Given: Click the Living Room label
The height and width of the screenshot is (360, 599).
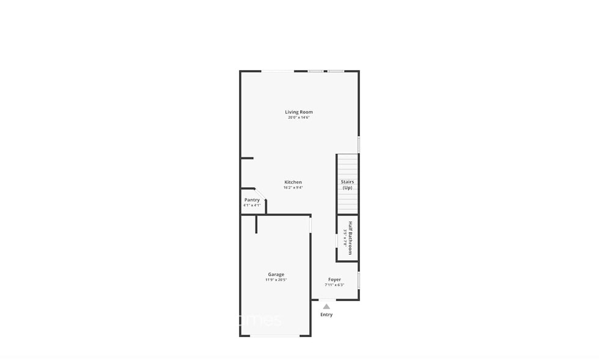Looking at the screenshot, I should [299, 112].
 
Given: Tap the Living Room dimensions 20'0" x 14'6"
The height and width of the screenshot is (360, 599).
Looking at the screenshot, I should [299, 118].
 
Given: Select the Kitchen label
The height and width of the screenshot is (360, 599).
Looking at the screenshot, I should [293, 182].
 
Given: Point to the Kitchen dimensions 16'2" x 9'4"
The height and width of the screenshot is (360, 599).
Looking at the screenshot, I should [293, 188].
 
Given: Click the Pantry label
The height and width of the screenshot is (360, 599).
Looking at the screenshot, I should [252, 200].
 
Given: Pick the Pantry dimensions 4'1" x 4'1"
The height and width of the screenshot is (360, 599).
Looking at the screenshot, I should [252, 205].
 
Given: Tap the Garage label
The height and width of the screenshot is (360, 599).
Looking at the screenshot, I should [276, 274].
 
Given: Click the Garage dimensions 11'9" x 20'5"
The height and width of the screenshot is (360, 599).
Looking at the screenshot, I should [276, 280].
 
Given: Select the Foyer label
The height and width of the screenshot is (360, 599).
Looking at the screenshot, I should [334, 279].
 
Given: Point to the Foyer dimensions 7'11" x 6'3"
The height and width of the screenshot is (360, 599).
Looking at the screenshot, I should [334, 285].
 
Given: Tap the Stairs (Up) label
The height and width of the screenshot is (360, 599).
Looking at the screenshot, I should [347, 184].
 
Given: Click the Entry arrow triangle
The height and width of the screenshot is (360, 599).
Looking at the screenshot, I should [326, 306].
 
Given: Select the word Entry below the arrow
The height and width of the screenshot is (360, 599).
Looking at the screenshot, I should [326, 315].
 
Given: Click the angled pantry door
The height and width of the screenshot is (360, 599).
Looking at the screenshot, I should [260, 193].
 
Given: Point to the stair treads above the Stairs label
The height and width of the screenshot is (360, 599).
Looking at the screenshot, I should [347, 167].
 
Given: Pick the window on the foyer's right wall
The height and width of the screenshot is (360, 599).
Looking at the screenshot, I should [359, 280].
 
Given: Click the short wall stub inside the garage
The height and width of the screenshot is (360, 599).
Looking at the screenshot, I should [257, 224].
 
